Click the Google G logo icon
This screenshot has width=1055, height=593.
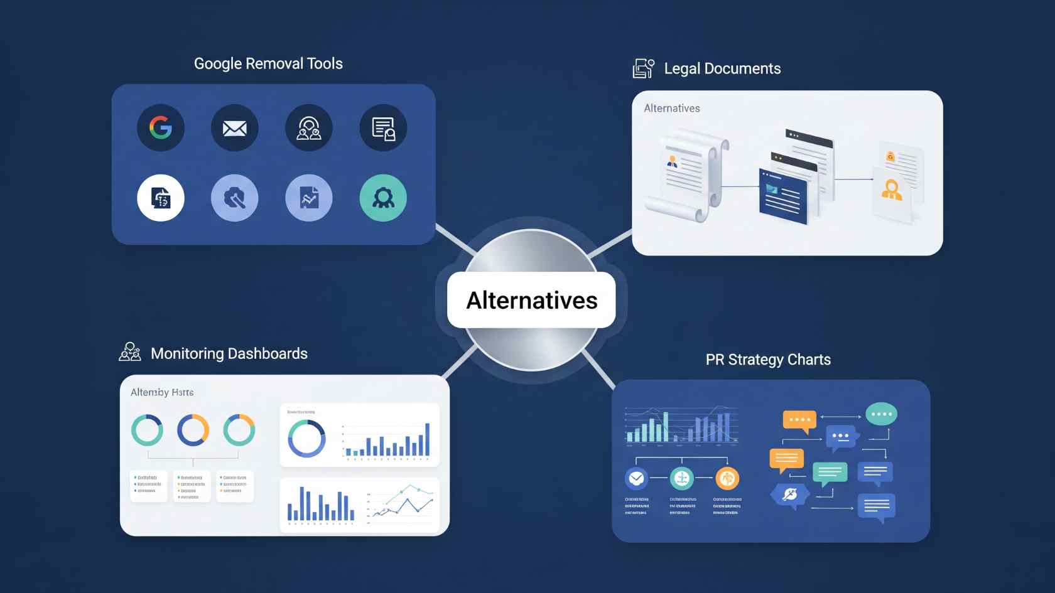161,128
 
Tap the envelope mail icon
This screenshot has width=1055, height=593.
235,128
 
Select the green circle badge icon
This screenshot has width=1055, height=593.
383,198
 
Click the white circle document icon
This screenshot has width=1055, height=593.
161,198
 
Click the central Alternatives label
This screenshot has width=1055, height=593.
531,301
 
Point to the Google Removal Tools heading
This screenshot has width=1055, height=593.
268,63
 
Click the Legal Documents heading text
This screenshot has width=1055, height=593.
722,68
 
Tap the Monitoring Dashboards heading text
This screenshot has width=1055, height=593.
229,353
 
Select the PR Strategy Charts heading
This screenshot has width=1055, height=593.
768,360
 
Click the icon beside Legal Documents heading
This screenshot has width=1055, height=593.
643,68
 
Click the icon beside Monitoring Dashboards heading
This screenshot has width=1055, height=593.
130,352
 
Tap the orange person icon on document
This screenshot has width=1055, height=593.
892,190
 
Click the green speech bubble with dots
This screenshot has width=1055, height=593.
881,414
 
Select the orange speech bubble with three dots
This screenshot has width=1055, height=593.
799,420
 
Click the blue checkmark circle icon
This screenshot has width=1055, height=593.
636,479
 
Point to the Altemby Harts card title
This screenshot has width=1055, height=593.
162,392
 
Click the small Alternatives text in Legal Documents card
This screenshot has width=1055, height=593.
672,108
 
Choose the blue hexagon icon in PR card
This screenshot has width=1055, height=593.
789,494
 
